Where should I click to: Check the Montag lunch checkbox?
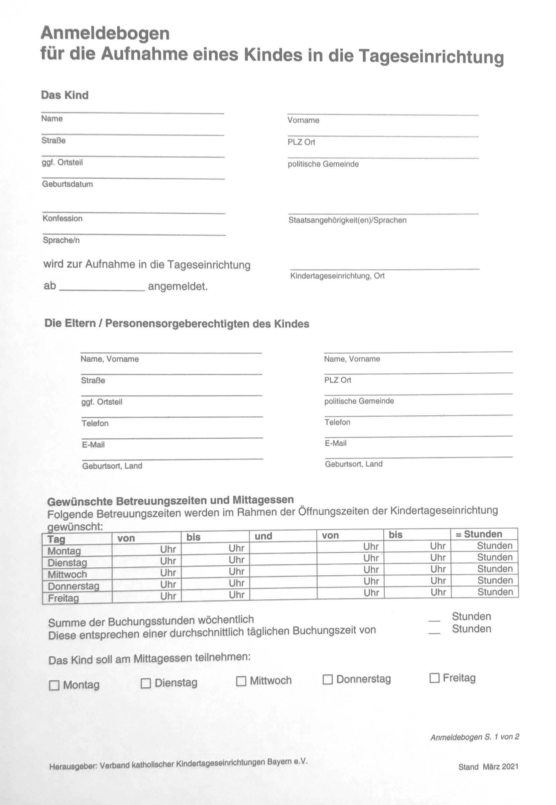point(54,685)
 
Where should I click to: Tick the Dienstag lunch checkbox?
point(146,683)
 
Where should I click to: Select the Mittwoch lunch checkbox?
point(241,681)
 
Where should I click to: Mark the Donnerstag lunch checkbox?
point(328,679)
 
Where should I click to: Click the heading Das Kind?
point(65,95)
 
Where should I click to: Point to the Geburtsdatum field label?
point(68,184)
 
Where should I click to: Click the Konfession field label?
point(63,219)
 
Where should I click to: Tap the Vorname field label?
point(303,120)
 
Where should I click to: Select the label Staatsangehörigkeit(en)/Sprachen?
point(347,220)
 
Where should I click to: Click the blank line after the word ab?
point(102,287)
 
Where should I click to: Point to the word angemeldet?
point(178,287)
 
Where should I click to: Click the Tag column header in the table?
point(56,539)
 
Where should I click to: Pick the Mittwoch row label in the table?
point(67,574)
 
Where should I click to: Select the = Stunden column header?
point(483,534)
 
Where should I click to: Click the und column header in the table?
point(263,536)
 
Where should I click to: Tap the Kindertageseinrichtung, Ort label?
point(337,276)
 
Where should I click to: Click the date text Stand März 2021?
point(488,767)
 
